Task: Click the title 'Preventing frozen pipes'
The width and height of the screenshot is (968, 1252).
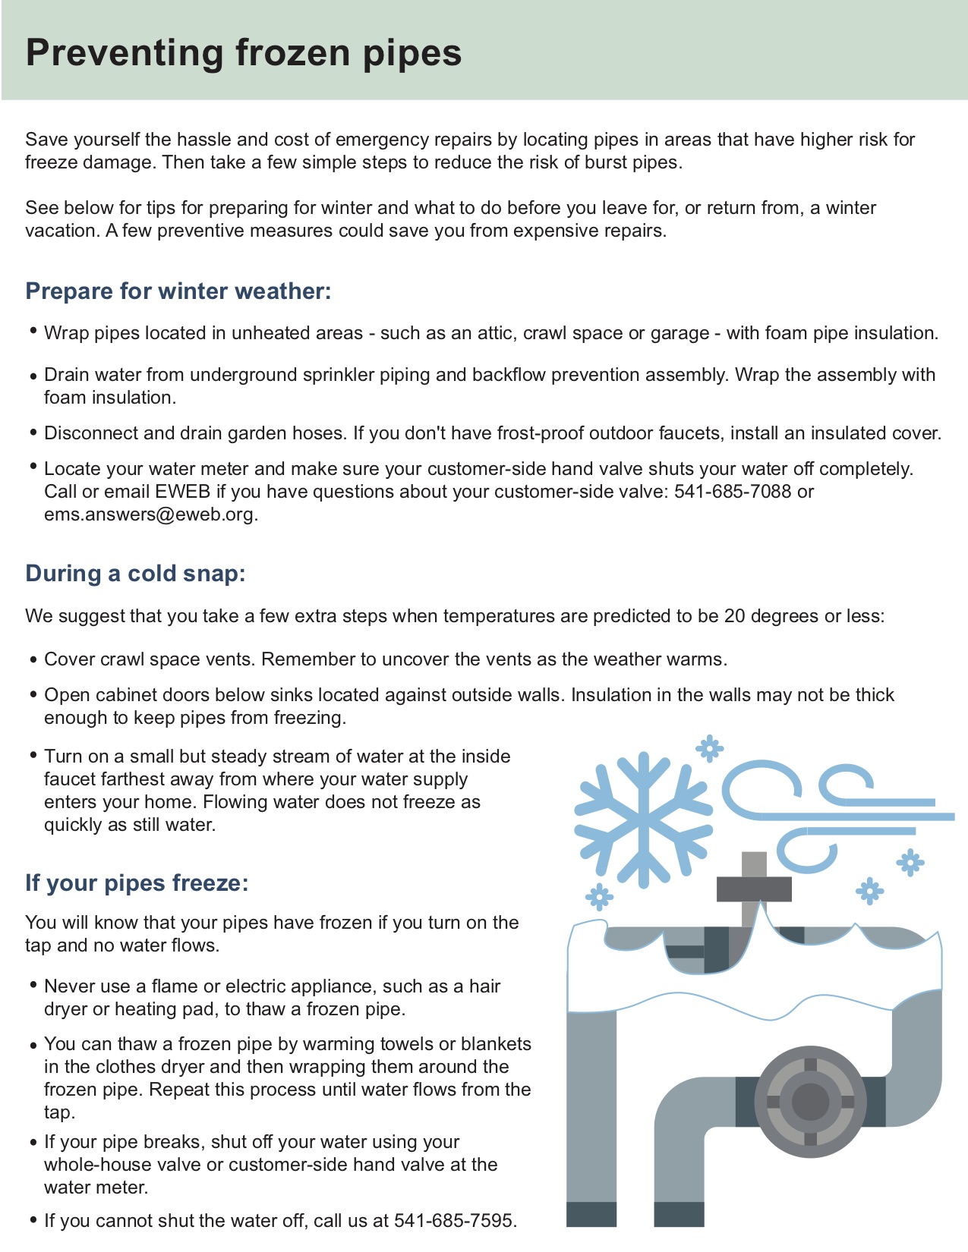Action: [244, 53]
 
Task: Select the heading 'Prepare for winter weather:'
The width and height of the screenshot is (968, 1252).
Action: [178, 291]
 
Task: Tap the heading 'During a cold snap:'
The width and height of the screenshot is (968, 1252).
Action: [135, 573]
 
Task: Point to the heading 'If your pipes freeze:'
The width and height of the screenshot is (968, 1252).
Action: [137, 883]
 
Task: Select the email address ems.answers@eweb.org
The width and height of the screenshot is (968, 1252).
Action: [149, 514]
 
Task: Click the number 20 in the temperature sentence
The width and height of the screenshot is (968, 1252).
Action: [734, 616]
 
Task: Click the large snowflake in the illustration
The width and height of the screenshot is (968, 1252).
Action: [644, 819]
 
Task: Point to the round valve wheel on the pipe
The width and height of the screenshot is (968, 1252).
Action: [810, 1102]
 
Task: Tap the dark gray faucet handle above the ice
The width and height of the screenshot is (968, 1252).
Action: [754, 888]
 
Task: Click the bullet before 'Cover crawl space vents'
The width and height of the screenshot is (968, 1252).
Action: [33, 659]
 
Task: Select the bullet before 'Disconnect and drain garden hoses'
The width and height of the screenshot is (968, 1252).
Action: [33, 433]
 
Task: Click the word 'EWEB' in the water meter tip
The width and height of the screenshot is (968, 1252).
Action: [182, 492]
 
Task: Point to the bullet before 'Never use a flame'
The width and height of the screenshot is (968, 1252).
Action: [33, 985]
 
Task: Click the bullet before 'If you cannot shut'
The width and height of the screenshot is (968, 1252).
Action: [33, 1220]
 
